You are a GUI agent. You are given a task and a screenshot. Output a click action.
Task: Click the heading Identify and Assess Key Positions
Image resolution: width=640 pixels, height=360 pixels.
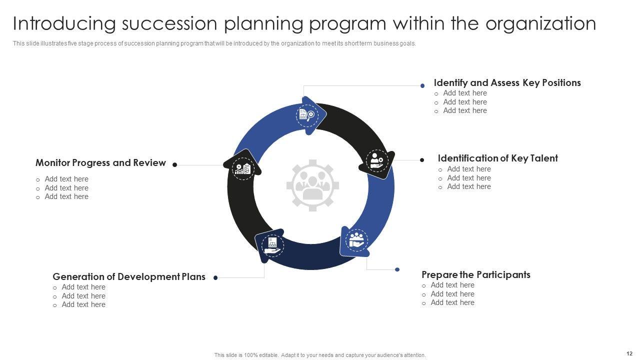click(507, 83)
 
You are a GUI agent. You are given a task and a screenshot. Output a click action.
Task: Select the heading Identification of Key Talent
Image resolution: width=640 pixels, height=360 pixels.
click(497, 158)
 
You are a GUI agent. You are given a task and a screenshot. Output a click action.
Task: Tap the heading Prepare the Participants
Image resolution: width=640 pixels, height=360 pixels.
click(476, 274)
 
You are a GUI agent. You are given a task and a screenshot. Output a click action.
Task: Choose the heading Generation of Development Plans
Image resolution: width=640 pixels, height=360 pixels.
click(129, 276)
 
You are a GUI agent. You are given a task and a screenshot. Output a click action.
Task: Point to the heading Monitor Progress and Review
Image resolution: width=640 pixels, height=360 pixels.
click(100, 162)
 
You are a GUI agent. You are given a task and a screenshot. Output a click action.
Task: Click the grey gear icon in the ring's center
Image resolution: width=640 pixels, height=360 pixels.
click(312, 185)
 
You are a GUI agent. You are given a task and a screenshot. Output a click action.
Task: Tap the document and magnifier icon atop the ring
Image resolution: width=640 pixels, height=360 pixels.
click(307, 115)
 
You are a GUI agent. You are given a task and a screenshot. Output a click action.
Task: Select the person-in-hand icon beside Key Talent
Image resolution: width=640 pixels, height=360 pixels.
click(377, 161)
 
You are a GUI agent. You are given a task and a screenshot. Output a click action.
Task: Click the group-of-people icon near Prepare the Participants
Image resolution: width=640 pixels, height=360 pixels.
click(356, 240)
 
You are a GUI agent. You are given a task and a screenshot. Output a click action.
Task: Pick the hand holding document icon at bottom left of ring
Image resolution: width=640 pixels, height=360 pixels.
click(272, 245)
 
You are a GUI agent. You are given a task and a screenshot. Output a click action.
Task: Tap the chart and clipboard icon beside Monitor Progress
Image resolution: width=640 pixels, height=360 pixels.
click(243, 169)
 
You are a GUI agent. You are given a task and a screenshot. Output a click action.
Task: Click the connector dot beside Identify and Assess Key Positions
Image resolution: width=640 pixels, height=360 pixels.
click(422, 85)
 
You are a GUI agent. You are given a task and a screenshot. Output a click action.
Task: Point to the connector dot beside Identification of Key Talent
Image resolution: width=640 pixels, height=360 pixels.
click(422, 160)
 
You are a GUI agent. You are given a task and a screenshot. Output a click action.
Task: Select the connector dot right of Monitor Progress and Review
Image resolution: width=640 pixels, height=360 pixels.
click(175, 164)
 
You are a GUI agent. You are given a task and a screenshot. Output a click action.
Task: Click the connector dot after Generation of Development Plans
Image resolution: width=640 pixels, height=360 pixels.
click(215, 277)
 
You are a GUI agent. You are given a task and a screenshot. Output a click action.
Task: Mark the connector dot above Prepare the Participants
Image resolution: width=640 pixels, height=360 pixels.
click(397, 269)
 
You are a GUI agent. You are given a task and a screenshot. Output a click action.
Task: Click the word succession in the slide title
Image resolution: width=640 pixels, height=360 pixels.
click(169, 23)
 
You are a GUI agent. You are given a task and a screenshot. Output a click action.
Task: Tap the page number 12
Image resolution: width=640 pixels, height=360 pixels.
click(629, 353)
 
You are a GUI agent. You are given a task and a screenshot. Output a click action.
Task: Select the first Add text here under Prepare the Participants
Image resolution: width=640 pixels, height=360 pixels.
click(452, 285)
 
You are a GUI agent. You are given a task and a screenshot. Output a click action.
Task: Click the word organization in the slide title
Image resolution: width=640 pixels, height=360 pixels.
click(541, 23)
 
